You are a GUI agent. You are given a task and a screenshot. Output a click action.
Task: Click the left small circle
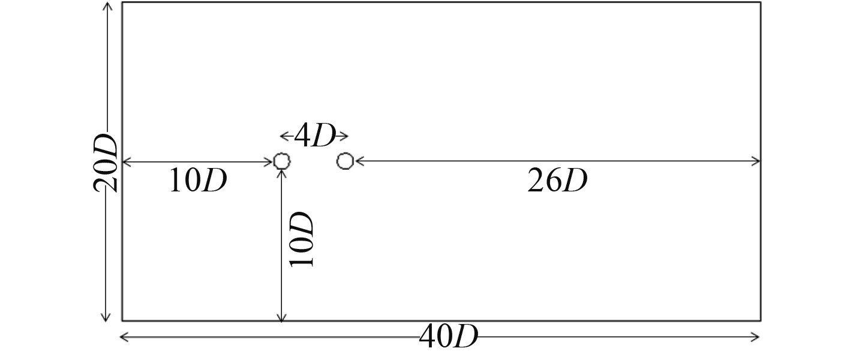tap(281, 161)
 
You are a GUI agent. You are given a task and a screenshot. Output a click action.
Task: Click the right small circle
tap(345, 161)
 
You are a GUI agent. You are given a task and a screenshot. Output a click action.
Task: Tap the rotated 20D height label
tap(105, 162)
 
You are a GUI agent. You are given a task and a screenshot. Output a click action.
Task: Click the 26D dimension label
tap(557, 181)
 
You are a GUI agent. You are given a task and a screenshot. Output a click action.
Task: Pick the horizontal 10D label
tap(197, 181)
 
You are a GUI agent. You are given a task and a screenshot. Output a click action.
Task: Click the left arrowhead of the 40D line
tap(124, 338)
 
